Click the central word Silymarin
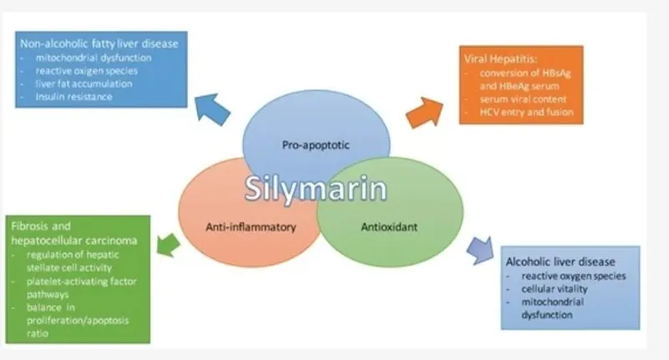click(x=316, y=187)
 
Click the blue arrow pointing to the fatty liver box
click(x=213, y=109)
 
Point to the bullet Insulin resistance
click(x=73, y=97)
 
